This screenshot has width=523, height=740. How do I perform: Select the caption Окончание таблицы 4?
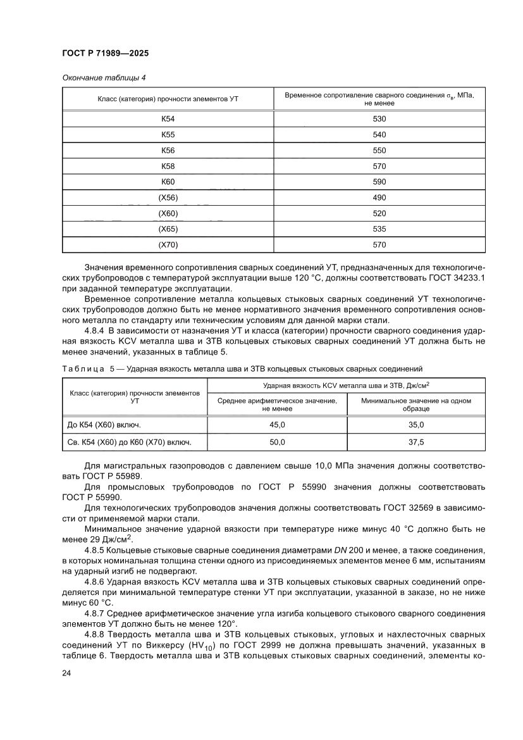104,78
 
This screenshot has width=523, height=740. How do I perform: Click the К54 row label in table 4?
168,119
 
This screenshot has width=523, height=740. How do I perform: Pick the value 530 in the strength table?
379,119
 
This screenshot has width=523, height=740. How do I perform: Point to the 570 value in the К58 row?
379,166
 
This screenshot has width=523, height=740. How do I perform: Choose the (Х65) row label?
168,229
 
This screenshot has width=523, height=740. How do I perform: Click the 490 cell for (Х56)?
379,198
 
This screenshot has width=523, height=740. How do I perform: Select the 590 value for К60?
379,182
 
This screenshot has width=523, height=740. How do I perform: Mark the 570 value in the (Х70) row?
379,244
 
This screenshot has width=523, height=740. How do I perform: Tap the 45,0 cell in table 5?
278,425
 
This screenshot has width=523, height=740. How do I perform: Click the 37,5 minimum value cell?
417,442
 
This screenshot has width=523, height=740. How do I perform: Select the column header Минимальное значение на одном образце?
417,404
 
